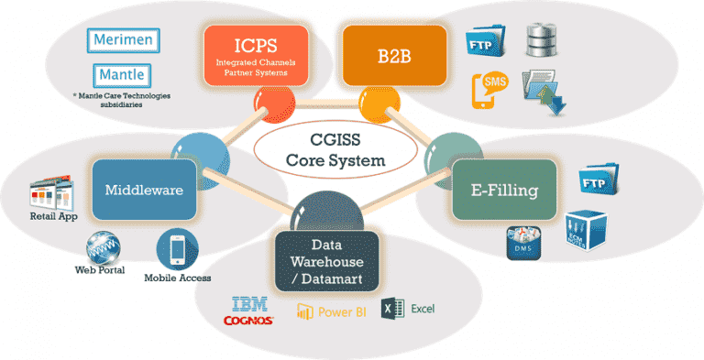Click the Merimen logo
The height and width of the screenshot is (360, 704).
125,40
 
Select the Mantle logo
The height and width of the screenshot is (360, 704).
123,73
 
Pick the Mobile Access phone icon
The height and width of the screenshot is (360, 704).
177,249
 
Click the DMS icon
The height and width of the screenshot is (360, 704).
523,242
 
